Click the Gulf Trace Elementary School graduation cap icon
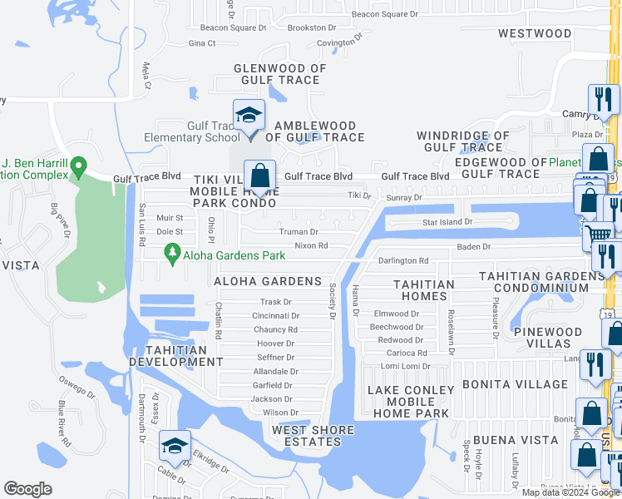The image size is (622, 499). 248,116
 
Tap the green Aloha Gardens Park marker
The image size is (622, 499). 172,252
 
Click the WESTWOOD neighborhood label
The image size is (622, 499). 535,34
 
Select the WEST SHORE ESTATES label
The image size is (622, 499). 313,436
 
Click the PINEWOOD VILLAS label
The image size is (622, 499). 548,338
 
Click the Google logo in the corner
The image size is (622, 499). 27,489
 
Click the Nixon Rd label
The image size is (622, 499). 311,246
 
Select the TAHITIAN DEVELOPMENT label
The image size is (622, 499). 175,356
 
